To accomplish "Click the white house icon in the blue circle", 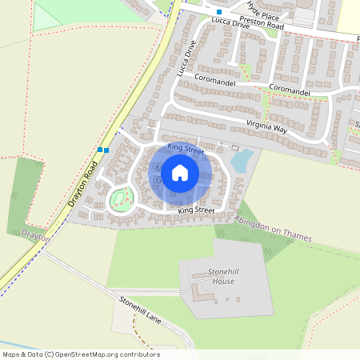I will point(180,173).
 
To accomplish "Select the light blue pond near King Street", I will point(242,160).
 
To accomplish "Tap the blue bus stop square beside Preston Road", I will point(219,12).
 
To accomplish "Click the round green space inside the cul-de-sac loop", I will point(121,197).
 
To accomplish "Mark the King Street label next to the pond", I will point(186,148).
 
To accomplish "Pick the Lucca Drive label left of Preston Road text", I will point(231,25).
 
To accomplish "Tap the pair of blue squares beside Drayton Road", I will point(102,150).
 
